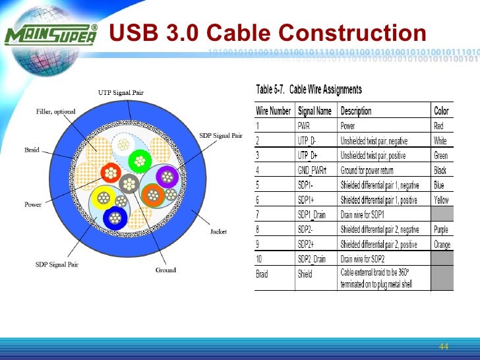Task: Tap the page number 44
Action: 443,347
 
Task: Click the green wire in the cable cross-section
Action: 140,160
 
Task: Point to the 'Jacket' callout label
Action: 218,231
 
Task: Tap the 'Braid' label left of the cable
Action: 32,150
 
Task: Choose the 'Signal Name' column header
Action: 315,111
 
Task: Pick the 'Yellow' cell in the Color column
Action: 441,200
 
